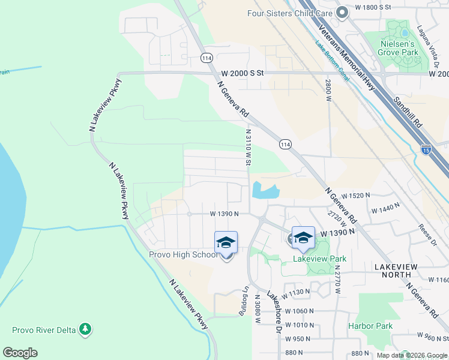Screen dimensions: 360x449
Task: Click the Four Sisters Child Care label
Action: (x=289, y=13)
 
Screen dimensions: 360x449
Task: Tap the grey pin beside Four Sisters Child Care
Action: (x=343, y=13)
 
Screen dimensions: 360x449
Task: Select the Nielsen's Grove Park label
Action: (x=397, y=48)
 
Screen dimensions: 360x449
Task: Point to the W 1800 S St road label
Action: (x=373, y=7)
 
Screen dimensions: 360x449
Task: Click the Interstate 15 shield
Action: (x=426, y=150)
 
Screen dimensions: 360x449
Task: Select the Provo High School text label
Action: (x=184, y=254)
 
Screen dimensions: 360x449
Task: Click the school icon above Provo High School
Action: (x=226, y=242)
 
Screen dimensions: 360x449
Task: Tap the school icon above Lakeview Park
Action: (x=303, y=237)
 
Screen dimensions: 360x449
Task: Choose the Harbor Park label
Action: (x=370, y=326)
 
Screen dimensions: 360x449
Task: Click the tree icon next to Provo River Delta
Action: (x=86, y=329)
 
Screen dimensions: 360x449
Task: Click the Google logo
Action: (x=20, y=353)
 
